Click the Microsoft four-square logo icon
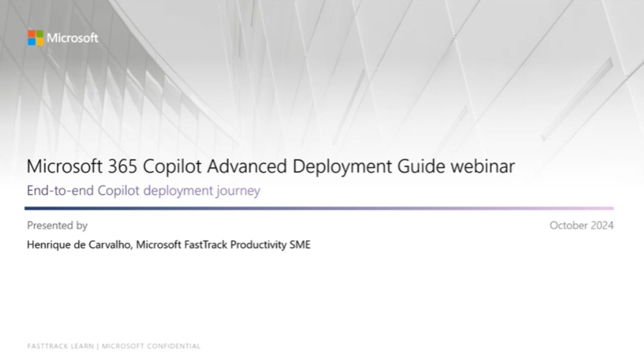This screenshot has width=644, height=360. click(36, 38)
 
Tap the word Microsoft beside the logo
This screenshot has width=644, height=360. click(73, 38)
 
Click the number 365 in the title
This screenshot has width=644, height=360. click(122, 166)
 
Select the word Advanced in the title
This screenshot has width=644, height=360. click(247, 166)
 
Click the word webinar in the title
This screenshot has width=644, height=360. click(483, 166)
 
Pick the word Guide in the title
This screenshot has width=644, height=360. click(421, 166)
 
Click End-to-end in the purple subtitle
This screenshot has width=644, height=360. click(61, 191)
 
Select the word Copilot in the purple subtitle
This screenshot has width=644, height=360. click(119, 191)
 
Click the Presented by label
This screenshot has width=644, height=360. click(57, 226)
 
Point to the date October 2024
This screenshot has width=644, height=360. click(582, 225)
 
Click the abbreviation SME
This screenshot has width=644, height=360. click(300, 245)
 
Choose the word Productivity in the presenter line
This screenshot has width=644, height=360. click(258, 245)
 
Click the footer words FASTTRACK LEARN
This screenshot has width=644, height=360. click(61, 346)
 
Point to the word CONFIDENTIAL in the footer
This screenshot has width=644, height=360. click(173, 346)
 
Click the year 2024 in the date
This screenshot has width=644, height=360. click(602, 225)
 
